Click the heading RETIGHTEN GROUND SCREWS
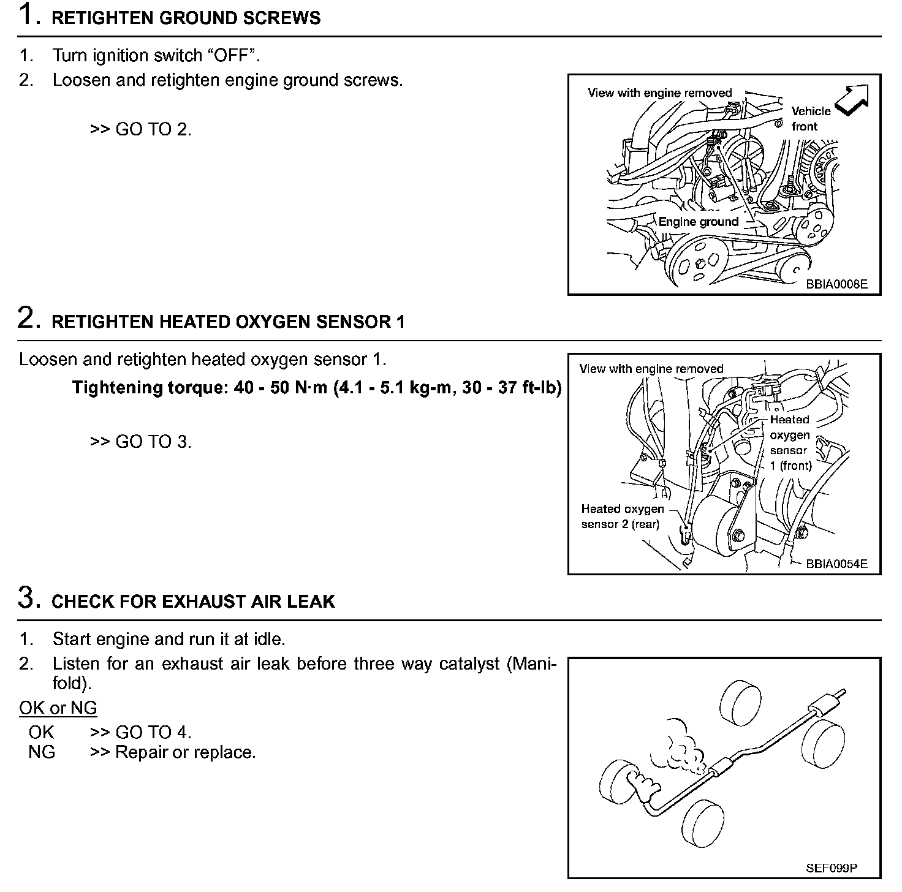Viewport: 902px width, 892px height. click(x=186, y=18)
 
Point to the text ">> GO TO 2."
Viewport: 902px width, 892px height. click(x=140, y=130)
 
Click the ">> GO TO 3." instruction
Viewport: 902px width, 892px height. click(x=140, y=442)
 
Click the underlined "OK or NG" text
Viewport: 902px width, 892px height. click(x=58, y=708)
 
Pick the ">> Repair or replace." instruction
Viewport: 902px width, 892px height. click(x=173, y=752)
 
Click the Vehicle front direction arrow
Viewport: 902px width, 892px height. click(x=852, y=99)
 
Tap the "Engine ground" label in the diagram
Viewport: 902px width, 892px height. click(x=698, y=222)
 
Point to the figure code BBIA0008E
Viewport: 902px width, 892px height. click(x=836, y=284)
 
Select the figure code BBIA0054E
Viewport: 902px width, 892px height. click(x=836, y=564)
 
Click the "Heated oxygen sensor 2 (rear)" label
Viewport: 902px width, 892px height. click(x=622, y=516)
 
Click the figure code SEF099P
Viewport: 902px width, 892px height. click(x=832, y=867)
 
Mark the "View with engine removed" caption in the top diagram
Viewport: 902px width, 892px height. click(x=659, y=93)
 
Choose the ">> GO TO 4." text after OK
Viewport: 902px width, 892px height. click(x=140, y=732)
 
